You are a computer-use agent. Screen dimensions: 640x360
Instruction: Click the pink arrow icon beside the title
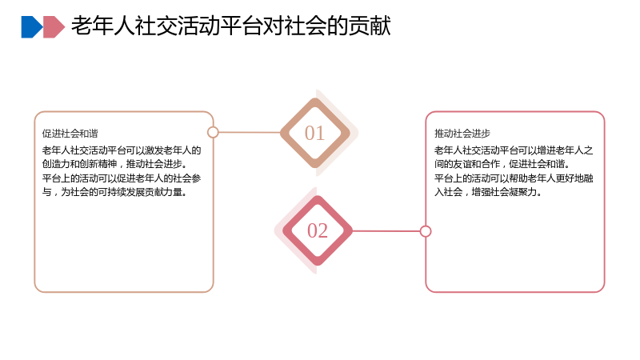(54, 27)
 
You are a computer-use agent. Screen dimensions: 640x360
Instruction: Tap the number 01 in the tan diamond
(314, 133)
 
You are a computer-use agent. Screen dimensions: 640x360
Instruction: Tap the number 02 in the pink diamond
(318, 230)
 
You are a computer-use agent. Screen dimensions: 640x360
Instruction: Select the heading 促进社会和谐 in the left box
(70, 134)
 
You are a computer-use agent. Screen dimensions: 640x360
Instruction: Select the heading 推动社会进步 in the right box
(462, 134)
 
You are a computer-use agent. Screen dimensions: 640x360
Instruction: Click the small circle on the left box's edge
(213, 132)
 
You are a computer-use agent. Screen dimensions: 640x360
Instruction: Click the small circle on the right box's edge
(426, 231)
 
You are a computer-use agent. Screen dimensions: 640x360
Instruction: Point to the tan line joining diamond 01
(250, 132)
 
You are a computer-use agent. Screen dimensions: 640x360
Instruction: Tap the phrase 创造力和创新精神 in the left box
(79, 164)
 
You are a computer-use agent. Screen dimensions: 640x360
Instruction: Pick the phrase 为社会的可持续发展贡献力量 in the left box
(122, 192)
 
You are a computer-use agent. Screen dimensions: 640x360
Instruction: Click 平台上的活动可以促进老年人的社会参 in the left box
(122, 178)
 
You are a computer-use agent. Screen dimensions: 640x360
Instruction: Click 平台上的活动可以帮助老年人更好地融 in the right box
(514, 178)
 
